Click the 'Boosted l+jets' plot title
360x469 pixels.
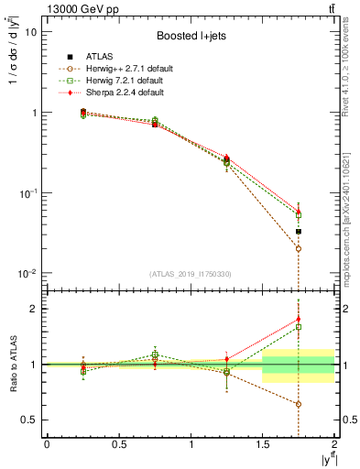coord(189,37)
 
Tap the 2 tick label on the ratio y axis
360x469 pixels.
coord(34,309)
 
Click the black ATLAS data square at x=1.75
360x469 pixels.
coord(299,232)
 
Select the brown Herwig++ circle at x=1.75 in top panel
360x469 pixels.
coord(299,248)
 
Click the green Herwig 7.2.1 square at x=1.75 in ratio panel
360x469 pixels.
coord(299,327)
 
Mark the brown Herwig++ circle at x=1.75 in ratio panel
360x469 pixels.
coord(299,404)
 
